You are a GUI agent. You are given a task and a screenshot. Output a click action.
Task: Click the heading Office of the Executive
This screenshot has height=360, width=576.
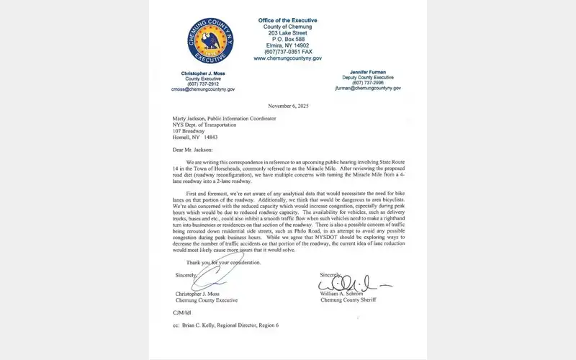[x=287, y=19]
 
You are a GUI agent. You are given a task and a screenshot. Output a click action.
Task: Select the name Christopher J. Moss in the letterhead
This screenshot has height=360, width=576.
[x=207, y=75]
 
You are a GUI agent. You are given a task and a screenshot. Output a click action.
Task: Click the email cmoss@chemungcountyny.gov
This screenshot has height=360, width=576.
[x=206, y=89]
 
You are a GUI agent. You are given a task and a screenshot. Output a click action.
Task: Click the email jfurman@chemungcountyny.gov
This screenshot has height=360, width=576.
[x=368, y=89]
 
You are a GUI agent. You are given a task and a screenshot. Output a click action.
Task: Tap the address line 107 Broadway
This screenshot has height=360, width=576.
[x=188, y=130]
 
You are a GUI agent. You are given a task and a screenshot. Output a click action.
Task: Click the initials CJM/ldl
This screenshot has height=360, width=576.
[x=181, y=313]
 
